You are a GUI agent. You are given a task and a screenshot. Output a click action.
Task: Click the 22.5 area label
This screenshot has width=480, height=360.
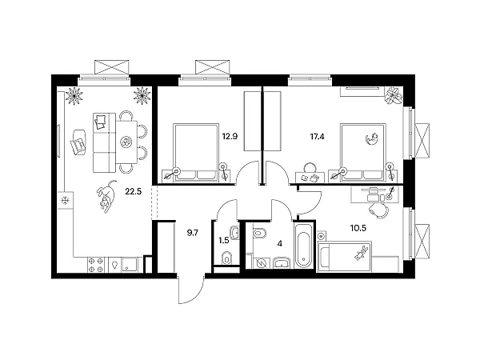133,192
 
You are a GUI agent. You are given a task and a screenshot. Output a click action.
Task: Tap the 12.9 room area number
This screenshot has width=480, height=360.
230,137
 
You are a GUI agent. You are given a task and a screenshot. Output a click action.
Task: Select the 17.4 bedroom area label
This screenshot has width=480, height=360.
317,137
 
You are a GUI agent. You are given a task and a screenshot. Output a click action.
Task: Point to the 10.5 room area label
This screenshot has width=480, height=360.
358,228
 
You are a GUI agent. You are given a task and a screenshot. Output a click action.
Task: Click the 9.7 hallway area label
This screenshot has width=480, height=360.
193,233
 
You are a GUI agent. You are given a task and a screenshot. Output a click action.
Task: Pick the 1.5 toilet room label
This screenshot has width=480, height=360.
224,240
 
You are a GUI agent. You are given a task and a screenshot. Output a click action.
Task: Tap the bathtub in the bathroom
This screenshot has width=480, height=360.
303,246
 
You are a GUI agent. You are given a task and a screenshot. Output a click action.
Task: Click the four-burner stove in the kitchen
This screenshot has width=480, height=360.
95,265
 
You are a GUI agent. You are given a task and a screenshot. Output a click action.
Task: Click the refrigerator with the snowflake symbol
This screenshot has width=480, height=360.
66,201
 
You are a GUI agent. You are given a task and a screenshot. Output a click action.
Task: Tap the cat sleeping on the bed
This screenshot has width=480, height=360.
372,138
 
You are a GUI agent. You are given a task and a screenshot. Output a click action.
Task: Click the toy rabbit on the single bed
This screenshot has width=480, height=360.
360,254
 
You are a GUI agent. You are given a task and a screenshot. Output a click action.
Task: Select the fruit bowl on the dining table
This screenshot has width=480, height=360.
126,142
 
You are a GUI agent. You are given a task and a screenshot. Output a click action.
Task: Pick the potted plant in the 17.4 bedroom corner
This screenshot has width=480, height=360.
394,96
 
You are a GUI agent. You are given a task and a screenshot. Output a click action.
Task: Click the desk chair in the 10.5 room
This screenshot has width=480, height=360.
378,210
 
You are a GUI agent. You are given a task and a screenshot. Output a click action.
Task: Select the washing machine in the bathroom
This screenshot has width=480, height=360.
261,263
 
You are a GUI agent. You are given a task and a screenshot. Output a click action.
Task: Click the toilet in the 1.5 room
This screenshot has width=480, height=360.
226,258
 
